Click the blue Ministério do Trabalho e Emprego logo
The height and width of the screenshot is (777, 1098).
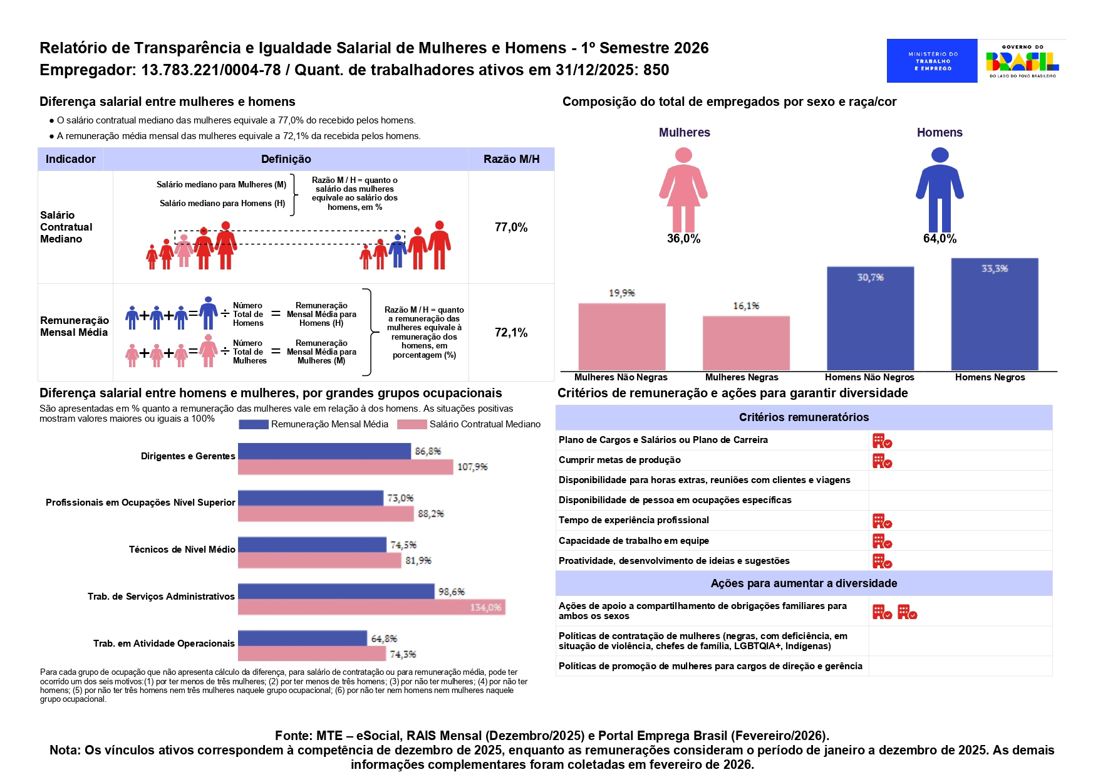(x=931, y=61)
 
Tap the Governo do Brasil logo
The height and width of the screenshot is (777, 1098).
(x=1022, y=61)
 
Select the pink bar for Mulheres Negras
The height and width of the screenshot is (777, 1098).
(x=746, y=343)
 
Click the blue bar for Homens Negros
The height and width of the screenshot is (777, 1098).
(x=995, y=315)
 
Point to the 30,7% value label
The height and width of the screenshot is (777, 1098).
(x=870, y=278)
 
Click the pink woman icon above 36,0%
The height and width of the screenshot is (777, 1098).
(x=683, y=190)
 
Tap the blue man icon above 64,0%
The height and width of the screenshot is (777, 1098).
(x=940, y=190)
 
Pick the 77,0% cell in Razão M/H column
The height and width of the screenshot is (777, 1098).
(x=511, y=227)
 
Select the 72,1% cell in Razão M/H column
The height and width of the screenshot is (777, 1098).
(x=511, y=333)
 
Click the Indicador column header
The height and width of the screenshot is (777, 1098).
(x=71, y=159)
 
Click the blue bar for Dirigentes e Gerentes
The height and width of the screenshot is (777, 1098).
(x=324, y=451)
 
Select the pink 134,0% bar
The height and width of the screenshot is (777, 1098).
(x=371, y=607)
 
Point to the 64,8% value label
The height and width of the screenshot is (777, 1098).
(x=384, y=639)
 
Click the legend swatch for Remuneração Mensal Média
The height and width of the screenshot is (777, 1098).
(x=254, y=424)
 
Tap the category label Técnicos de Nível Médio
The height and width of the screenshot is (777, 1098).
(x=182, y=550)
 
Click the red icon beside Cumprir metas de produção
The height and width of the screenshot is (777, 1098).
(x=882, y=461)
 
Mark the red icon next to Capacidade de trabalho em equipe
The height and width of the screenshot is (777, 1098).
(x=882, y=541)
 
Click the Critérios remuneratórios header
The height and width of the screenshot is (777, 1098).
(x=804, y=417)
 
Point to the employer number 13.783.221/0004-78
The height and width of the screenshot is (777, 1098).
(x=211, y=70)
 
